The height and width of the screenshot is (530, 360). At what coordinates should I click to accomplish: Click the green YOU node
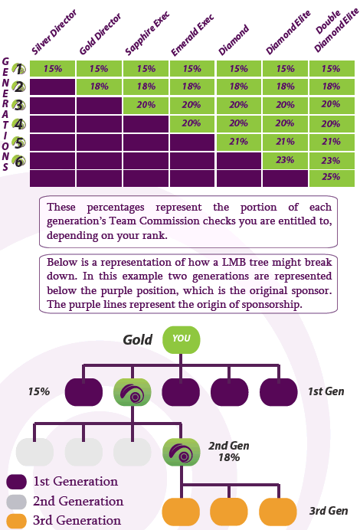pyautogui.click(x=182, y=340)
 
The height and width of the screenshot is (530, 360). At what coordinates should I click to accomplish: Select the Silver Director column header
pyautogui.click(x=54, y=32)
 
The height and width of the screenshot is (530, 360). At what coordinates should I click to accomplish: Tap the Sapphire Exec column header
pyautogui.click(x=147, y=34)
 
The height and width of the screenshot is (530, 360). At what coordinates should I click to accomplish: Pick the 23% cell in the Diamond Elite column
pyautogui.click(x=285, y=160)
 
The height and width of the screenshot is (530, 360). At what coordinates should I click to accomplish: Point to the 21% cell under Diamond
pyautogui.click(x=239, y=142)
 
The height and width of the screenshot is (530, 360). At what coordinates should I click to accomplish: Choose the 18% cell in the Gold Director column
pyautogui.click(x=99, y=87)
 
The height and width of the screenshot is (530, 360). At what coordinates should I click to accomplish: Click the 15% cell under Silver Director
pyautogui.click(x=52, y=69)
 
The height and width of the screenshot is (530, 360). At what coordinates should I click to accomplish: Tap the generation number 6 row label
pyautogui.click(x=19, y=162)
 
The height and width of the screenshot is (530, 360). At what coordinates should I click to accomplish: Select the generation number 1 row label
pyautogui.click(x=19, y=69)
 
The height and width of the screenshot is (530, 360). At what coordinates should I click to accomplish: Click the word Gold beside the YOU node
pyautogui.click(x=138, y=340)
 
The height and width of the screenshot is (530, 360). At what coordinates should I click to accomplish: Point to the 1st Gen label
pyautogui.click(x=326, y=391)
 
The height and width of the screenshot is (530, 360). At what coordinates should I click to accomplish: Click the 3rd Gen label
pyautogui.click(x=329, y=511)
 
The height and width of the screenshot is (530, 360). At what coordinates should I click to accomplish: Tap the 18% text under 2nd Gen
pyautogui.click(x=229, y=458)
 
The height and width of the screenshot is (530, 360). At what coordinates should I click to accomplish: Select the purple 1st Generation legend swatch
pyautogui.click(x=17, y=482)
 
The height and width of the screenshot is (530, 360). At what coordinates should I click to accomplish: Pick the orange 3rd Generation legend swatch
pyautogui.click(x=17, y=521)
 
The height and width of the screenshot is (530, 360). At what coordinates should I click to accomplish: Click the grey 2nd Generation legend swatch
pyautogui.click(x=17, y=502)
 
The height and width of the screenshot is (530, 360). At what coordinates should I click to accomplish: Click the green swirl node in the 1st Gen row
pyautogui.click(x=133, y=392)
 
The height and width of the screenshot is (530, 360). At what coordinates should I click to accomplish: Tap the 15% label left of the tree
pyautogui.click(x=39, y=391)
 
